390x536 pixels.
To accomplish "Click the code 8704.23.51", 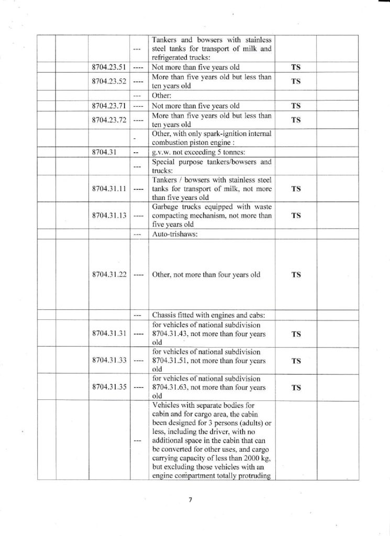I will point(108,68).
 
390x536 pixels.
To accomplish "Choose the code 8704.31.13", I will point(108,215).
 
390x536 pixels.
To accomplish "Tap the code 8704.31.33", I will point(108,360).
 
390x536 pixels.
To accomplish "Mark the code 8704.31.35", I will point(108,388).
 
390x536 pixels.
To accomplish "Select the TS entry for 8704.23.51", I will point(296,68).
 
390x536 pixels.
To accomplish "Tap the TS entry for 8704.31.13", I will point(296,215).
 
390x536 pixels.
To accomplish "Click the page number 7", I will point(191,500).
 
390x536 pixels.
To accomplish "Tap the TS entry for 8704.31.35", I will point(296,388).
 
